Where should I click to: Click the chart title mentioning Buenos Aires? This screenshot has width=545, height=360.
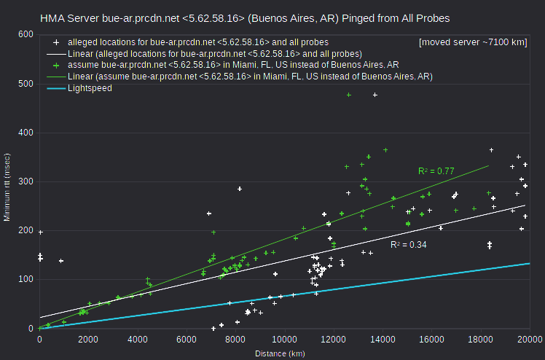tap(245, 18)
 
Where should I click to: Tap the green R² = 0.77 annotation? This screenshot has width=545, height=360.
tap(436, 171)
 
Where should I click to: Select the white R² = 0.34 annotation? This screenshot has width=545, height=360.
tap(409, 245)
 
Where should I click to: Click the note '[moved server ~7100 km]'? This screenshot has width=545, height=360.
tap(473, 42)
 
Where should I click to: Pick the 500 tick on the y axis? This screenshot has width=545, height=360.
tap(26, 84)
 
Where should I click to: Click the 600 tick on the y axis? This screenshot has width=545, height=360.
tap(26, 34)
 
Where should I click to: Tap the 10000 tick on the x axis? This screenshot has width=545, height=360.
tap(285, 339)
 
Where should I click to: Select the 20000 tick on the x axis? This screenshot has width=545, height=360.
tap(530, 339)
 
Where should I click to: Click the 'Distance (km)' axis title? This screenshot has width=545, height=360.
tap(280, 353)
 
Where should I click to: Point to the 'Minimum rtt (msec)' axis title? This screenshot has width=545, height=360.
tap(7, 187)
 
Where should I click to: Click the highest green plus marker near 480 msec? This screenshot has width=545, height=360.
tap(349, 95)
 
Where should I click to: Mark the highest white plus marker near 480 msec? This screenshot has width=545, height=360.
tap(375, 95)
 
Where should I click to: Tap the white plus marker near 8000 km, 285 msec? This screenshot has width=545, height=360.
tap(240, 189)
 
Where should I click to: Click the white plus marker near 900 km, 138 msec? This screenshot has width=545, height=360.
tap(61, 261)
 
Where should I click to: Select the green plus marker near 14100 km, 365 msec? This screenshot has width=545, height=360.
tap(385, 150)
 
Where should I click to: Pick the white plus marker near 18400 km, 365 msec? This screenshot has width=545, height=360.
tap(492, 150)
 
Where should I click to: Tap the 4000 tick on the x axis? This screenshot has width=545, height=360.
tap(138, 339)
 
